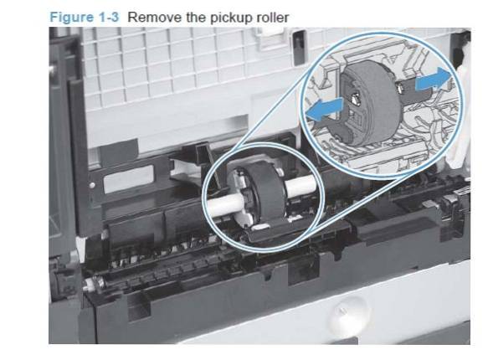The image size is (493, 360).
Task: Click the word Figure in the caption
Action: tap(71, 17)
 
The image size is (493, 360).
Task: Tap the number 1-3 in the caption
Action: tap(109, 17)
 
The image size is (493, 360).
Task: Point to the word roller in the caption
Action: tap(273, 18)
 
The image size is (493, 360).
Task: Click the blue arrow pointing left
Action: tap(325, 109)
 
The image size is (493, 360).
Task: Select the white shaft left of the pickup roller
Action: tap(224, 203)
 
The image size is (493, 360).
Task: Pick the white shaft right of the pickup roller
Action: tap(300, 186)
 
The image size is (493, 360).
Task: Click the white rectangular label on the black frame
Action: tap(129, 179)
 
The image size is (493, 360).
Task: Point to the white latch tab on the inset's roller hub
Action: tap(355, 98)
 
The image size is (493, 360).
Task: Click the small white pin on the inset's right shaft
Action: tap(400, 88)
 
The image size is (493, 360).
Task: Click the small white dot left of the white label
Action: tap(92, 186)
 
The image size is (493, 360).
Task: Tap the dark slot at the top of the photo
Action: tap(299, 47)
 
